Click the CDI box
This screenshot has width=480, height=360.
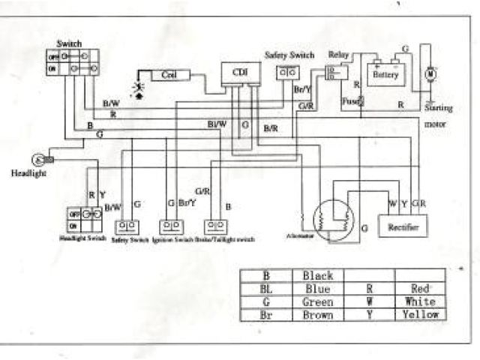pyautogui.click(x=239, y=72)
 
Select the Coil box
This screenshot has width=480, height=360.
pyautogui.click(x=170, y=75)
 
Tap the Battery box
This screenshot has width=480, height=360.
pyautogui.click(x=385, y=74)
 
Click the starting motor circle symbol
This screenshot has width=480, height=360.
pyautogui.click(x=430, y=74)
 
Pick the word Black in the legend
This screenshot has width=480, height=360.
pyautogui.click(x=318, y=276)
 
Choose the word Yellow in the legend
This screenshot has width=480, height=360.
pyautogui.click(x=420, y=314)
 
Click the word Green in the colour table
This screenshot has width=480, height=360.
pyautogui.click(x=318, y=301)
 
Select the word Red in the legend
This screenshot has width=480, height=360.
pyautogui.click(x=420, y=289)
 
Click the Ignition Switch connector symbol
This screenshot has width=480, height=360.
pyautogui.click(x=171, y=225)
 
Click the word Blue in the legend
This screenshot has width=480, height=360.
pyautogui.click(x=318, y=289)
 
